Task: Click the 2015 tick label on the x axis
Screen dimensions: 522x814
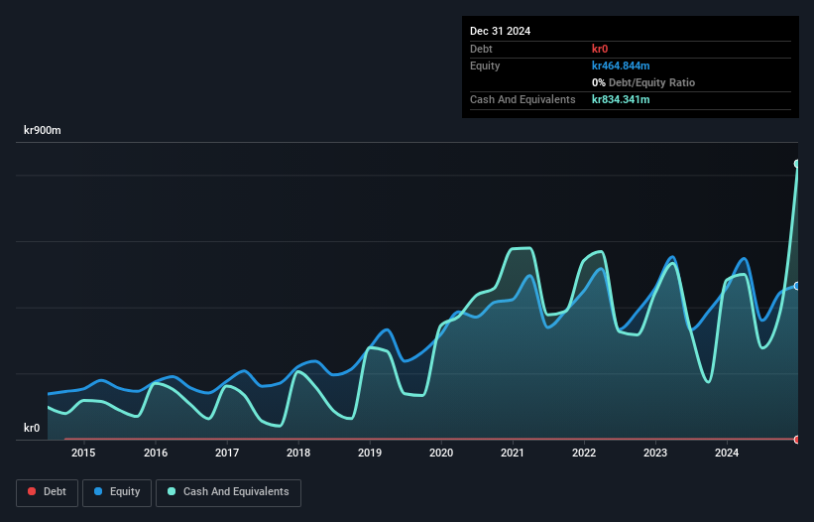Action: tap(84, 454)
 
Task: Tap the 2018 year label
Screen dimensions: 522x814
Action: tap(298, 454)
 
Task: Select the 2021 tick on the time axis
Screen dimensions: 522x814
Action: tap(513, 454)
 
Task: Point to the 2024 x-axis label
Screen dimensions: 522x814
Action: tap(727, 454)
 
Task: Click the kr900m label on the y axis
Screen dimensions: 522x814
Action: tap(43, 130)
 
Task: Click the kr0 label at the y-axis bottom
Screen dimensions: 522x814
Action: tap(32, 429)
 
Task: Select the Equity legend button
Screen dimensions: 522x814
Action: tap(117, 491)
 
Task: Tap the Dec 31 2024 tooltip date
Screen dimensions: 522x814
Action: tap(500, 31)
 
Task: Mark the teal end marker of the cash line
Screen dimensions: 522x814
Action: tap(797, 164)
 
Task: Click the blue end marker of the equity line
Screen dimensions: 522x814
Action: tap(797, 286)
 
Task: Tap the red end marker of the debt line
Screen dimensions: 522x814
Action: tap(797, 439)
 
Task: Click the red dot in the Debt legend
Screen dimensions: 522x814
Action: tap(32, 491)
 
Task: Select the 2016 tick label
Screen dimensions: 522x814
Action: tap(156, 454)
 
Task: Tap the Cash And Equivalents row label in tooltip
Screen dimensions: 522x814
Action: tap(523, 99)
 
